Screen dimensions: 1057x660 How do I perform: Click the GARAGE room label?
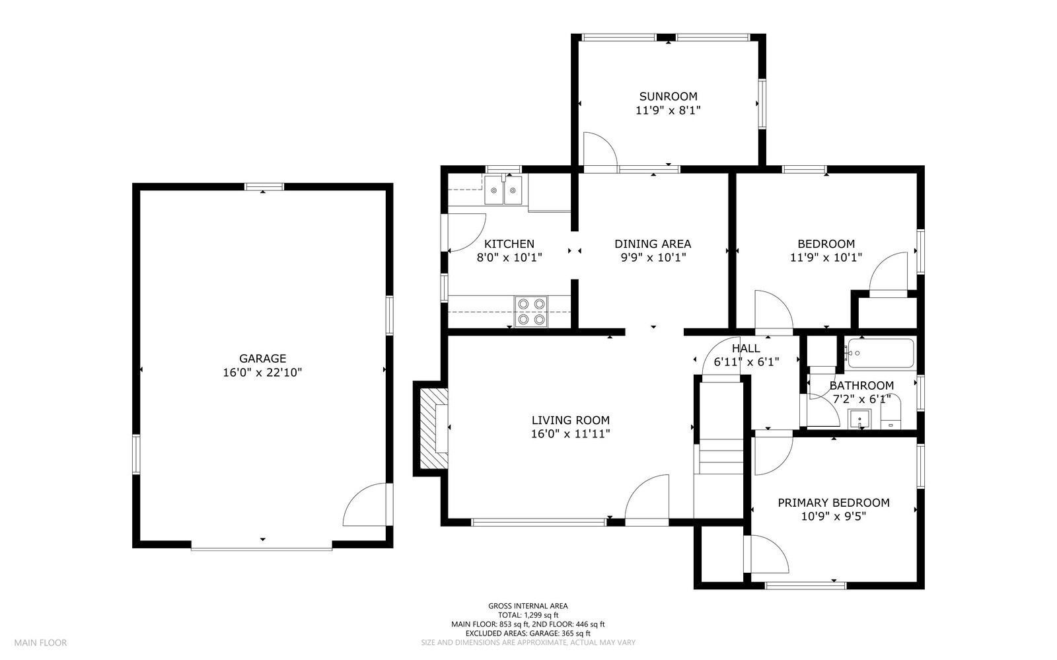tap(262, 359)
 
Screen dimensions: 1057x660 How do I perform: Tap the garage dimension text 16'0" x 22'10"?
tap(262, 373)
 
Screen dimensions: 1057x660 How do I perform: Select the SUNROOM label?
tap(668, 96)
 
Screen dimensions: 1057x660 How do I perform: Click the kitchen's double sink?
tap(503, 190)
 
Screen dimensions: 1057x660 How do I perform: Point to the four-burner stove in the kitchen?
tap(531, 311)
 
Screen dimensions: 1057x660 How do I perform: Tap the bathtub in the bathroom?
tap(880, 353)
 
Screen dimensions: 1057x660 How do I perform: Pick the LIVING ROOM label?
tap(571, 420)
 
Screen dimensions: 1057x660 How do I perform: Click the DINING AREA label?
tap(653, 244)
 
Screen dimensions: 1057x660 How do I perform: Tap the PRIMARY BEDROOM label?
tap(833, 503)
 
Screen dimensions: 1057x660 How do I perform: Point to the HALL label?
tap(746, 348)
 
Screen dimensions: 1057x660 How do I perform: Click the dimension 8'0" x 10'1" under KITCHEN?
tap(509, 258)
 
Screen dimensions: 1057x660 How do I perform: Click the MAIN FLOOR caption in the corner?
tap(40, 643)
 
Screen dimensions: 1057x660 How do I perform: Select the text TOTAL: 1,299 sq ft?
tap(528, 615)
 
